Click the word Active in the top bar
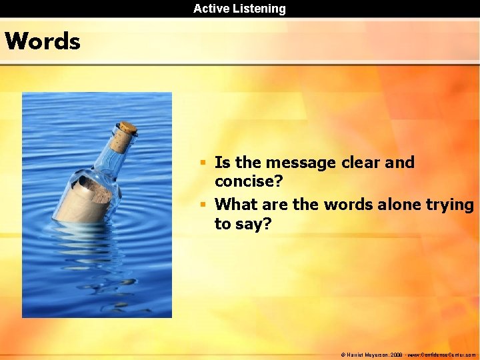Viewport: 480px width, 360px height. point(210,9)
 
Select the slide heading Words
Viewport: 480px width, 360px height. point(43,41)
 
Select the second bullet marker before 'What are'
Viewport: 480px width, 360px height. point(206,205)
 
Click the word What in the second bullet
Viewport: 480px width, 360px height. point(237,204)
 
